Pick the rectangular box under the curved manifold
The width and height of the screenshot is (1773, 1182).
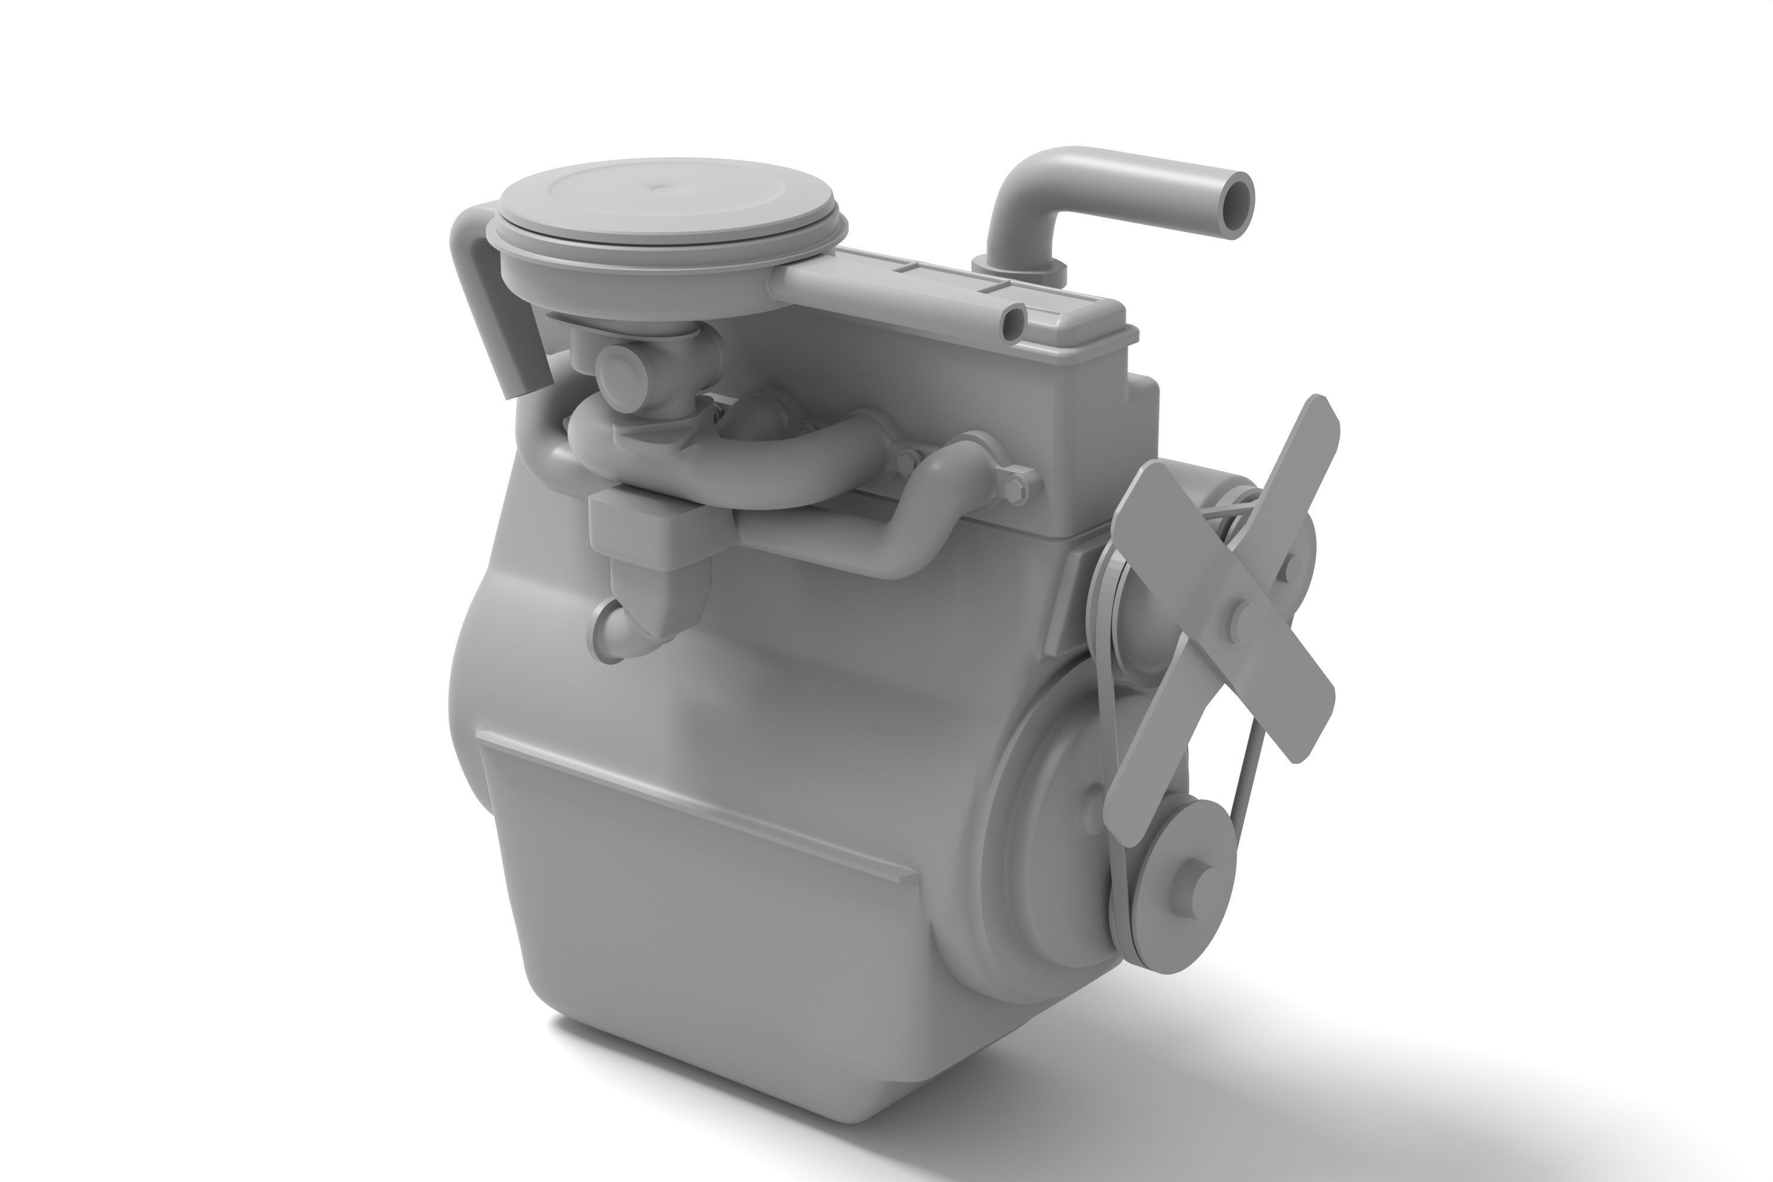pyautogui.click(x=650, y=522)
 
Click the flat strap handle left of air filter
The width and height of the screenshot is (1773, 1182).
pyautogui.click(x=486, y=301)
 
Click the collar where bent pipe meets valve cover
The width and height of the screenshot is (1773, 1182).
pyautogui.click(x=1018, y=268)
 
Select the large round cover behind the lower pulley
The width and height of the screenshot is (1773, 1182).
pyautogui.click(x=1048, y=814)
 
